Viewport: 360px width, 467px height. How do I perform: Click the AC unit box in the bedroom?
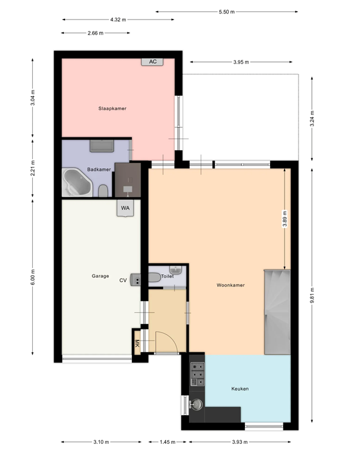(153, 61)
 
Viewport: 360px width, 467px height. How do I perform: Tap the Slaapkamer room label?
(112, 108)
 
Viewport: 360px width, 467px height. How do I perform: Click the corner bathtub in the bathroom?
(76, 182)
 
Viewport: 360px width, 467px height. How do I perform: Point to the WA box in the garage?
(125, 208)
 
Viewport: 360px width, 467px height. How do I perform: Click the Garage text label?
(100, 276)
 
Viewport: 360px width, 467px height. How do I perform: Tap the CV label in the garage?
(123, 280)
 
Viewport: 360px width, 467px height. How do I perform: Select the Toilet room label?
(168, 276)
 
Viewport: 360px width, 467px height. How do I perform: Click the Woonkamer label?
(230, 285)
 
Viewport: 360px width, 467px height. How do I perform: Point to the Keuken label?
(240, 389)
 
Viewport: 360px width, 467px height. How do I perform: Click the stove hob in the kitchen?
(197, 375)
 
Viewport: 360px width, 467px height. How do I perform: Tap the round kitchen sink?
(196, 404)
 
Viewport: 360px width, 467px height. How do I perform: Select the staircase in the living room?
(277, 312)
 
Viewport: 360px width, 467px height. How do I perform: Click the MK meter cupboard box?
(137, 343)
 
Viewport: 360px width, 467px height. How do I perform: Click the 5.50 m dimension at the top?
(226, 11)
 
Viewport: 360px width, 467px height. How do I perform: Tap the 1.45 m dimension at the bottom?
(168, 442)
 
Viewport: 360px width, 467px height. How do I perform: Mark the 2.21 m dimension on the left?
(33, 167)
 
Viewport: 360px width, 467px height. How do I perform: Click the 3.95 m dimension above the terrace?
(241, 61)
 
